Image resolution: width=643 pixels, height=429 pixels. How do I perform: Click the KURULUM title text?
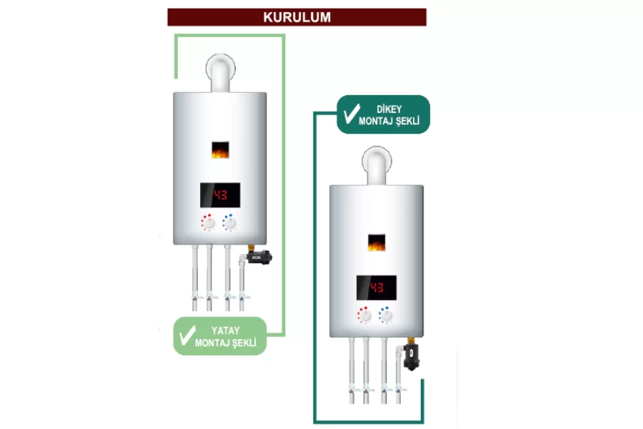[x=297, y=17]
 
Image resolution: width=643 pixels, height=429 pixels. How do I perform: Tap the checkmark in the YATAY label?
[x=187, y=335]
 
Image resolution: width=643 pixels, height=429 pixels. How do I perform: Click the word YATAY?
[x=226, y=330]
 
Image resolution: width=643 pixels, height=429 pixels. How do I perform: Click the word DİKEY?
[x=389, y=109]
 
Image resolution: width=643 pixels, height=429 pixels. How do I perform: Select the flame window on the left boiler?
[x=220, y=150]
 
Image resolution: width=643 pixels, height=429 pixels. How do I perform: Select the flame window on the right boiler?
[x=377, y=242]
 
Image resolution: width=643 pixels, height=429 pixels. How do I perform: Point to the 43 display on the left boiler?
[x=220, y=195]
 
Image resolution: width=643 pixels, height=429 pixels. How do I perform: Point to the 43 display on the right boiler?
[x=377, y=287]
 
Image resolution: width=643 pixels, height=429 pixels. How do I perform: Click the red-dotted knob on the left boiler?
[x=209, y=223]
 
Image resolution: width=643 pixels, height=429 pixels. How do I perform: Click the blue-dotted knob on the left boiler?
[x=229, y=223]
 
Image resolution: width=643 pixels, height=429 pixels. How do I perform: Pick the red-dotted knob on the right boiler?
[x=364, y=315]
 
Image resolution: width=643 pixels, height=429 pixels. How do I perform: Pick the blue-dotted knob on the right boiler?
[x=386, y=315]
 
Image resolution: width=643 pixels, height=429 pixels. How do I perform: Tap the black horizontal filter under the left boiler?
[x=259, y=257]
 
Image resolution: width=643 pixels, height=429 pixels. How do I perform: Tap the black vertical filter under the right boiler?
[x=412, y=357]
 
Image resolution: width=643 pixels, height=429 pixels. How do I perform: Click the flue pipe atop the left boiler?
[x=221, y=73]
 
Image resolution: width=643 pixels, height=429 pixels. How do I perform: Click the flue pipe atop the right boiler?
[x=377, y=165]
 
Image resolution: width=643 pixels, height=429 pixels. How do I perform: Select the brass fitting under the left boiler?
[x=251, y=248]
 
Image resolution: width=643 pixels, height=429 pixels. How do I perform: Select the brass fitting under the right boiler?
[x=411, y=341]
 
